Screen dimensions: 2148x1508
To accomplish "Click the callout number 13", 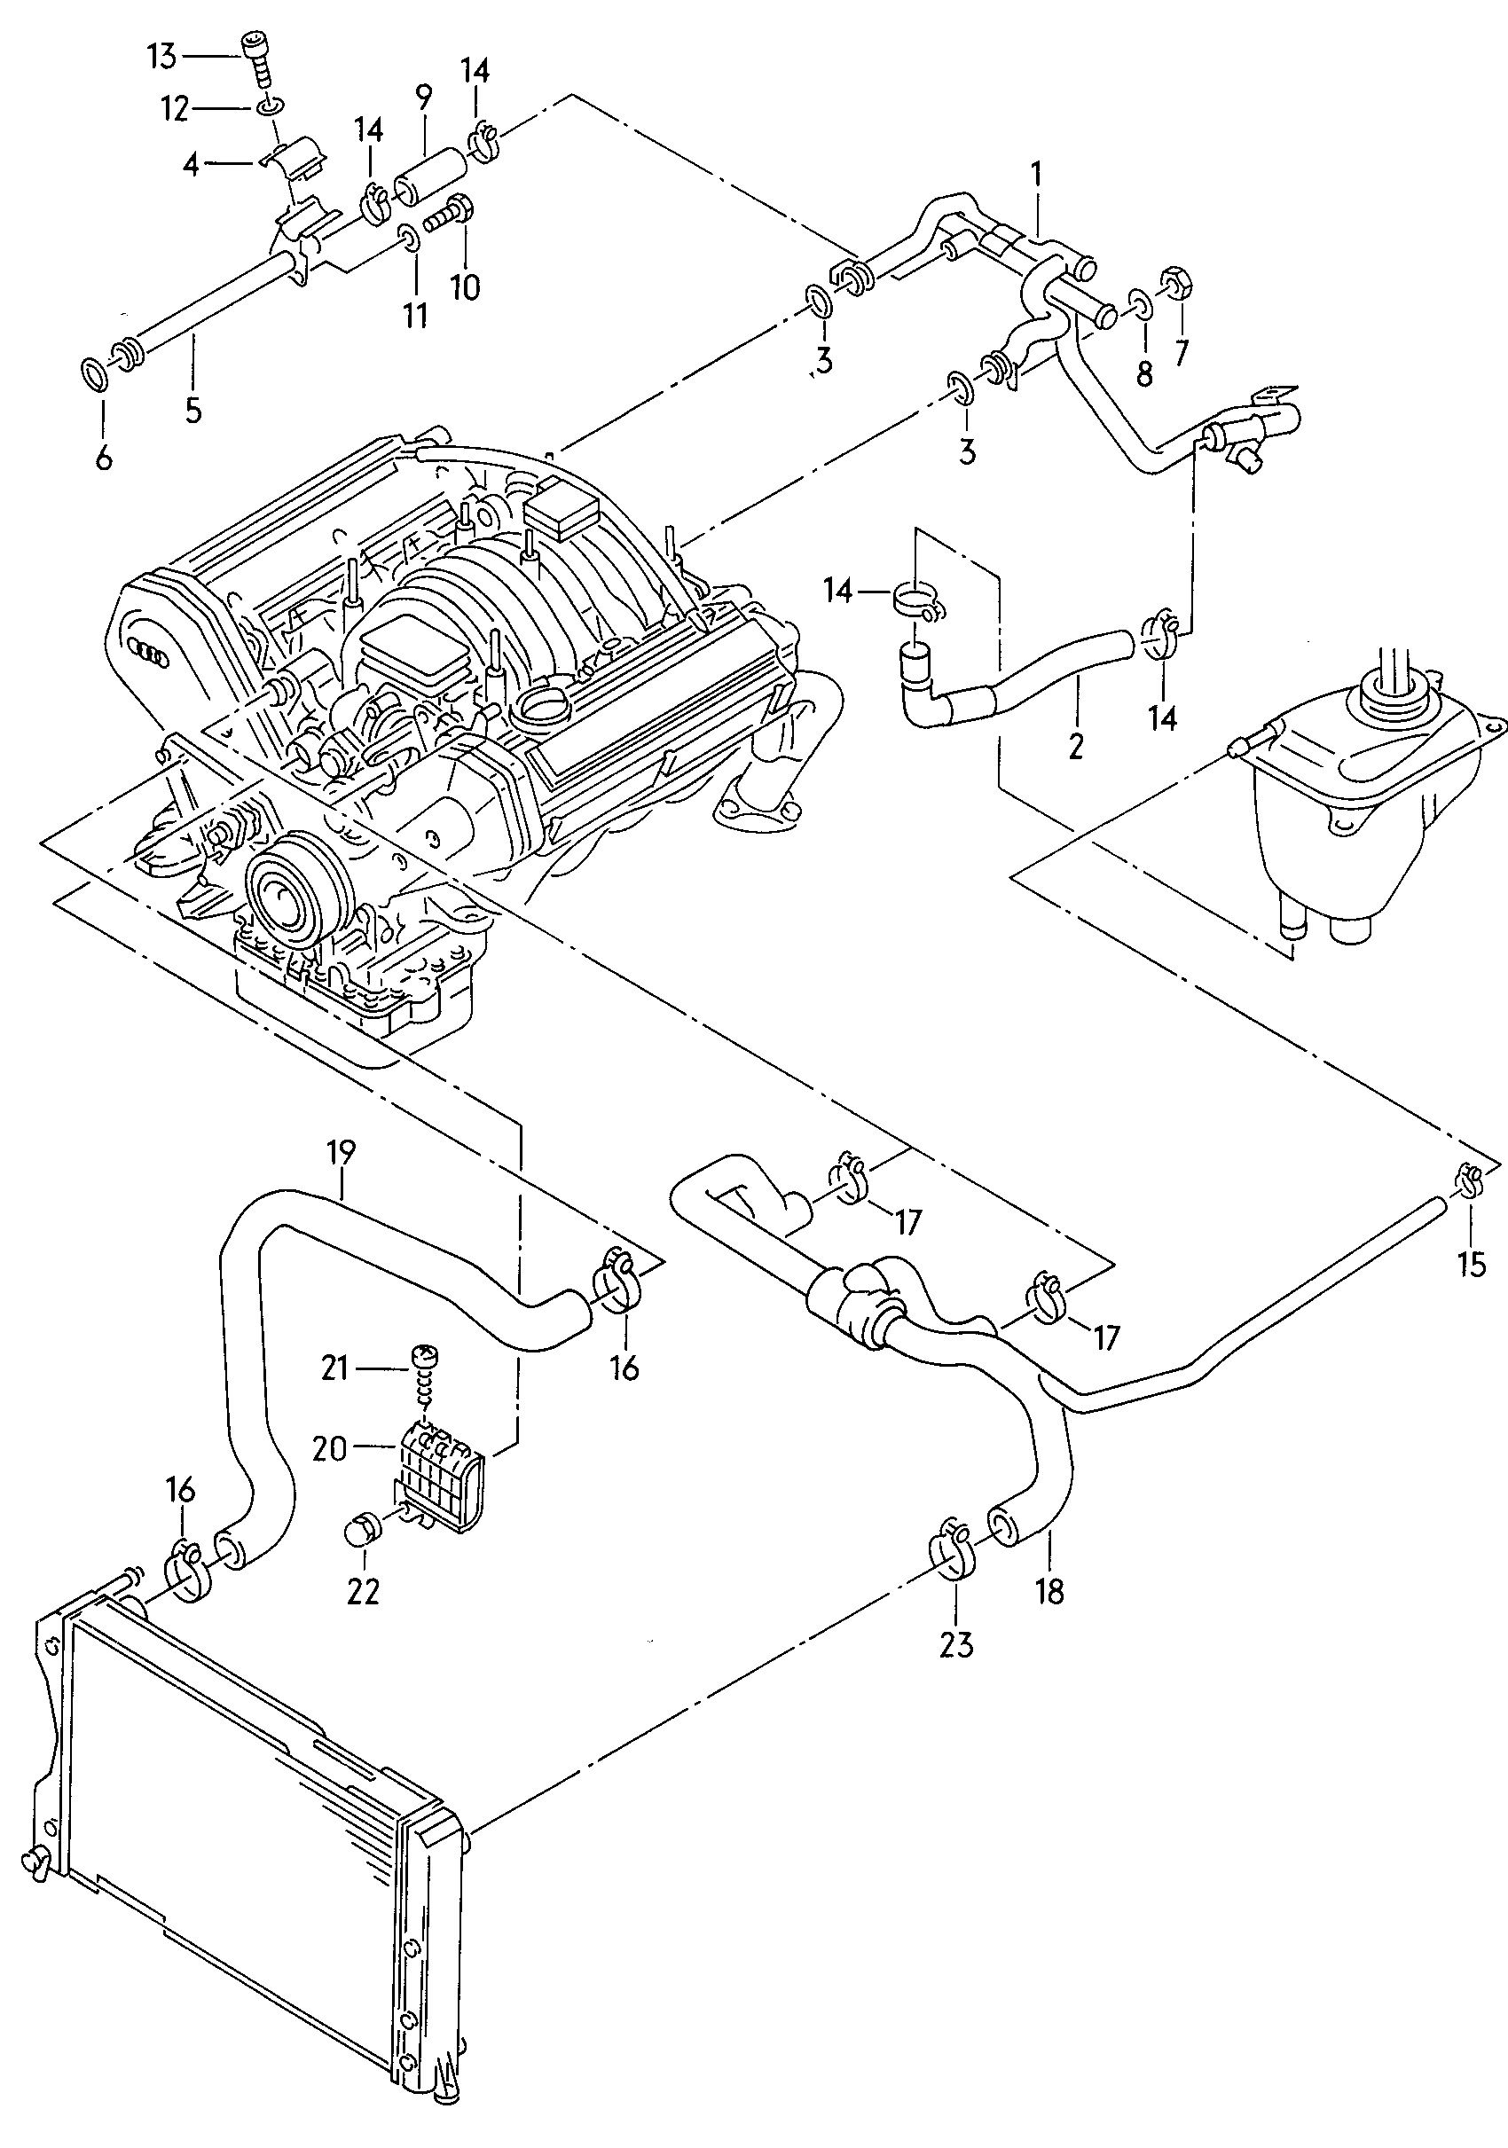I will click(161, 56).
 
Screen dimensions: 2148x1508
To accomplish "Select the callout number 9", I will click(425, 98).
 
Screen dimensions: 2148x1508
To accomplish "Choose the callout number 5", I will click(192, 409).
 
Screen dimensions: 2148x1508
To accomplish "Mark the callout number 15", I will click(1471, 1265).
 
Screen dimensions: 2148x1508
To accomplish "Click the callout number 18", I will click(1049, 1590).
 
